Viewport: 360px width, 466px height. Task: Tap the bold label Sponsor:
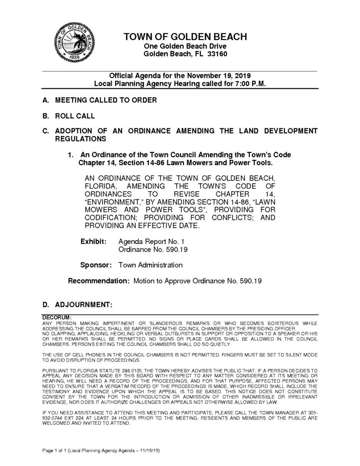96,264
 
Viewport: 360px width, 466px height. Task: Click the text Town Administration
150,264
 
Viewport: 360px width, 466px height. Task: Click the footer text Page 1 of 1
57,450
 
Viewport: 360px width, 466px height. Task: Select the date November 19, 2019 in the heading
217,76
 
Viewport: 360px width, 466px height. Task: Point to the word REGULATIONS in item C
81,138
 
